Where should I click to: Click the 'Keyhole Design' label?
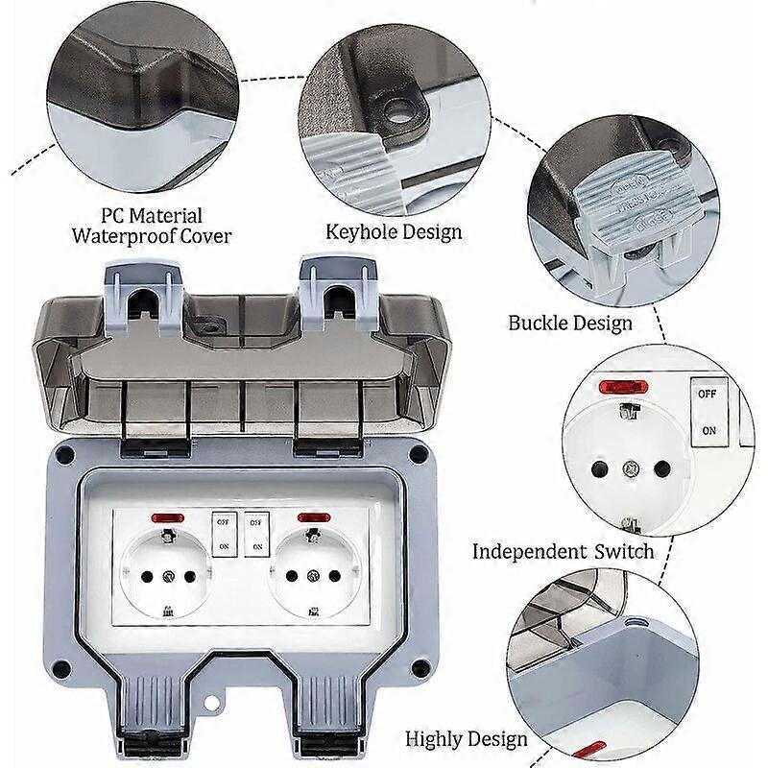tap(394, 231)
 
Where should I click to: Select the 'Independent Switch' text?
tap(563, 551)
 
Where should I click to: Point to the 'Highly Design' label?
tap(467, 738)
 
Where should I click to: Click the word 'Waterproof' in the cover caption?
tap(121, 236)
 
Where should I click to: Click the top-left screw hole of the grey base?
tap(64, 453)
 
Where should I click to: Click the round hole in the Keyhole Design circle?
tap(396, 112)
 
